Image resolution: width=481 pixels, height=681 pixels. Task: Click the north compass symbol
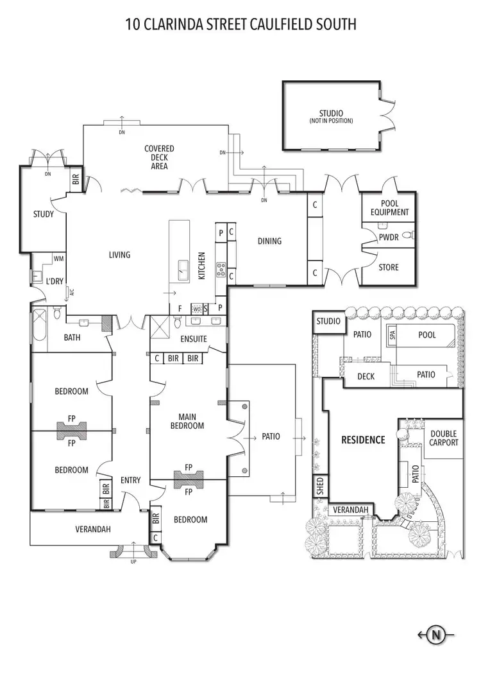tap(437, 635)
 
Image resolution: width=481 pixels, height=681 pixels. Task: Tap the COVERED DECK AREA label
tap(159, 157)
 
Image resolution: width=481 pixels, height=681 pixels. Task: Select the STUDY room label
tap(44, 214)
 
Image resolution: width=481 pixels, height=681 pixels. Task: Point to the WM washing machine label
tap(58, 259)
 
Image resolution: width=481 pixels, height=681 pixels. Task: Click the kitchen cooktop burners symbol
tap(221, 268)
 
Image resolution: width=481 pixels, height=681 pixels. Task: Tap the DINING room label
tap(269, 241)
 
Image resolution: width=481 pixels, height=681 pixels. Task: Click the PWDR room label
tap(389, 237)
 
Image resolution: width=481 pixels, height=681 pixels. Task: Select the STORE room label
tap(388, 267)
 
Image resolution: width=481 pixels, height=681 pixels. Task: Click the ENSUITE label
tap(194, 338)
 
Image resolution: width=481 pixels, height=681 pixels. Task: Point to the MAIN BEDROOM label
tap(187, 421)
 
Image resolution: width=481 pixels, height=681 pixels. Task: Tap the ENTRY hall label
tap(130, 480)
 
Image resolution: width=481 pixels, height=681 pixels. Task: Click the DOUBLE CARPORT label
tap(444, 438)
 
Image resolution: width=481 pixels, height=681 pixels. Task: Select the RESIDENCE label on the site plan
tap(363, 440)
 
